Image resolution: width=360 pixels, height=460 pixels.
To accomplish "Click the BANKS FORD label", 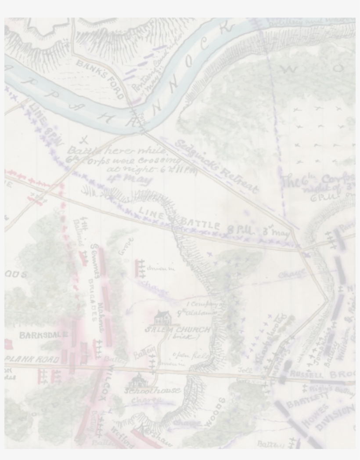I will click(x=100, y=80).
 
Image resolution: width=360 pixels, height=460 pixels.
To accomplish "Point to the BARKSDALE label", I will click(x=43, y=335).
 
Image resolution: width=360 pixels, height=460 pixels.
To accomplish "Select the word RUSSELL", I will click(x=306, y=375).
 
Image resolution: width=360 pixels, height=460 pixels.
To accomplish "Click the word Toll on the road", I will click(x=245, y=370).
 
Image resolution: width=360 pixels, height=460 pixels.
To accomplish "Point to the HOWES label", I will click(x=315, y=417).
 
